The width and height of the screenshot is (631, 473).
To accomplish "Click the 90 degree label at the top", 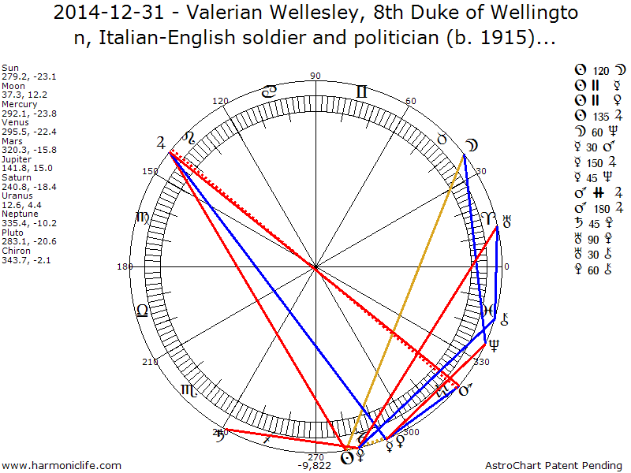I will point(315,76).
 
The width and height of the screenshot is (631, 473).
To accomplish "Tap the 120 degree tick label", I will point(220,102).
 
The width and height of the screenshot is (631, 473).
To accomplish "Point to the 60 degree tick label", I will point(410,102).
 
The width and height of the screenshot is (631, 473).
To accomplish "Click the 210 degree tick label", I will point(150,362).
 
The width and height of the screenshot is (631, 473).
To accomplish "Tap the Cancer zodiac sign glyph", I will point(269,91).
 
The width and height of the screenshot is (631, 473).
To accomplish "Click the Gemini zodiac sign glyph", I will point(361,91).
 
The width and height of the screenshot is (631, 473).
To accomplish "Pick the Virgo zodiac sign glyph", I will point(142,217).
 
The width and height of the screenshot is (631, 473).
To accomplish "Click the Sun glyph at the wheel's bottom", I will point(345,456).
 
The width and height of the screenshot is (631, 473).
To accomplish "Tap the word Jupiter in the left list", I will point(17,158).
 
